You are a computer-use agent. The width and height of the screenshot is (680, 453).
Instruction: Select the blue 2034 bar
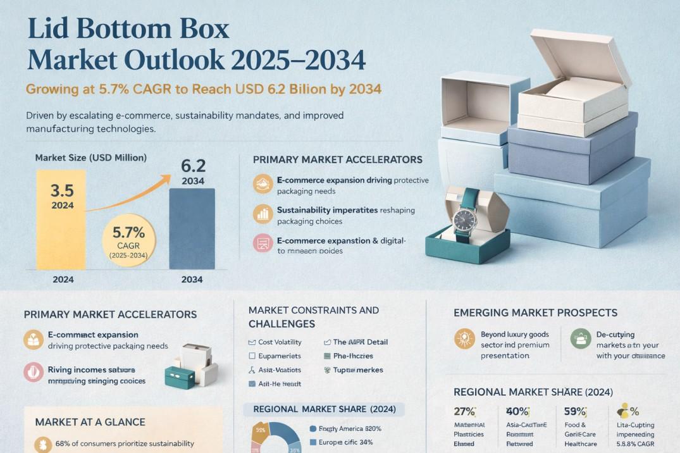(192, 231)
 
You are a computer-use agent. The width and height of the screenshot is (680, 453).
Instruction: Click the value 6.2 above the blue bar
(193, 166)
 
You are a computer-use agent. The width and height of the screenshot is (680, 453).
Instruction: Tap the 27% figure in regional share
(464, 411)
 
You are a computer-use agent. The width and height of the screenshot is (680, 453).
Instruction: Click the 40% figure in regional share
(517, 411)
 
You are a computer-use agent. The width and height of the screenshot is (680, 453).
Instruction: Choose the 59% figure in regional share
(575, 411)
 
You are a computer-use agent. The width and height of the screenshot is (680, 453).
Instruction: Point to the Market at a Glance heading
(90, 422)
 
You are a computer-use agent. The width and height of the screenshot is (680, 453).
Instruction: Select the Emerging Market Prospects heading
(535, 313)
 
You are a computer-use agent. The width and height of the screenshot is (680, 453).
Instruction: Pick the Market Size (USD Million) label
(90, 157)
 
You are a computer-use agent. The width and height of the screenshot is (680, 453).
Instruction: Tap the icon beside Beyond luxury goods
(464, 339)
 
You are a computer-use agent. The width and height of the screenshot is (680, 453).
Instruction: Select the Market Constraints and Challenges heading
(313, 317)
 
